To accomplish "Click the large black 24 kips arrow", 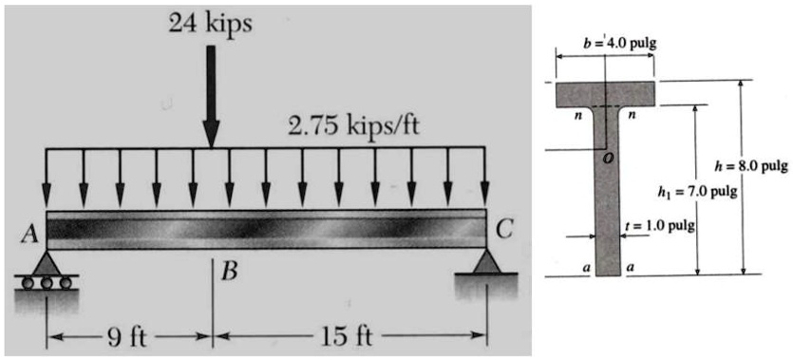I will click(x=211, y=95).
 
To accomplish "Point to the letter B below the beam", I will click(x=228, y=274).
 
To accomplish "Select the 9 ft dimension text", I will click(x=128, y=336).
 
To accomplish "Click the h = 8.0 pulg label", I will click(x=757, y=166).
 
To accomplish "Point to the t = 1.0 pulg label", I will click(x=661, y=225).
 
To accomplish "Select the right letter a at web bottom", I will click(x=631, y=269).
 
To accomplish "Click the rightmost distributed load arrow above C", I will click(x=486, y=180).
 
